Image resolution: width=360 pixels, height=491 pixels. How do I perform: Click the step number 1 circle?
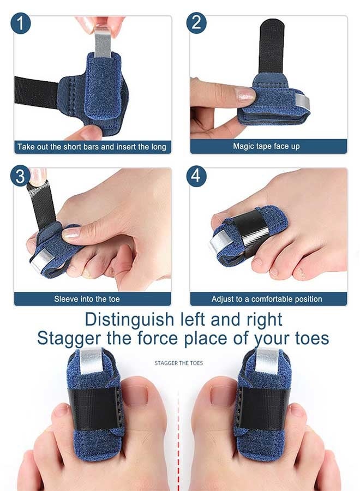pyautogui.click(x=21, y=23)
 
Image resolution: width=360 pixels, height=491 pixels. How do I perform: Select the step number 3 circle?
pyautogui.click(x=21, y=176)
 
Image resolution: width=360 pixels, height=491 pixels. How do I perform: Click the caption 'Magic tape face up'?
pyautogui.click(x=266, y=146)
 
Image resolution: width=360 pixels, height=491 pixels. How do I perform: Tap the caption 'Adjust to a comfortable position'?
pyautogui.click(x=267, y=299)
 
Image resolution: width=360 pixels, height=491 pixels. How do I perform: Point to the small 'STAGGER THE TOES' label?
pyautogui.click(x=179, y=363)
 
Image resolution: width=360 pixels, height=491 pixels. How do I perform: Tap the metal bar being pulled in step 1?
pyautogui.click(x=103, y=41)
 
